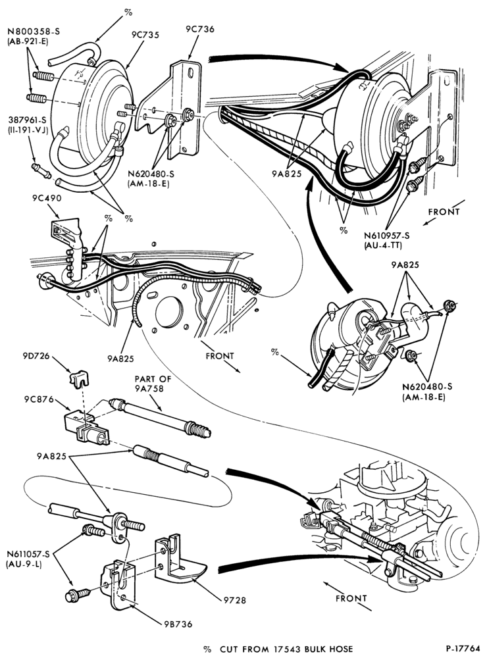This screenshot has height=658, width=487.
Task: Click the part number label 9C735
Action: pyautogui.click(x=145, y=35)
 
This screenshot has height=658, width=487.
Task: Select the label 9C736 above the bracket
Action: pyautogui.click(x=200, y=29)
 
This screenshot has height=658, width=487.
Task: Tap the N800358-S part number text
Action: pyautogui.click(x=33, y=31)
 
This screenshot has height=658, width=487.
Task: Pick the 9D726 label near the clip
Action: pyautogui.click(x=36, y=356)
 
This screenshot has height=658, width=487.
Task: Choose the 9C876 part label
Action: pyautogui.click(x=39, y=399)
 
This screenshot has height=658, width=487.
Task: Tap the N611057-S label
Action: pyautogui.click(x=28, y=554)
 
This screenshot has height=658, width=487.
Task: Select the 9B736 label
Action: pyautogui.click(x=178, y=624)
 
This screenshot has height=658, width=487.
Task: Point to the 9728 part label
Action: pyautogui.click(x=236, y=601)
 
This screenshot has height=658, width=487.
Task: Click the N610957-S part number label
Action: pyautogui.click(x=387, y=236)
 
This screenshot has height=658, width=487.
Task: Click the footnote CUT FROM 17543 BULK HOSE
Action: pyautogui.click(x=286, y=649)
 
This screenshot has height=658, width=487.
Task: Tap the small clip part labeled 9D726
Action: pyautogui.click(x=80, y=377)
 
